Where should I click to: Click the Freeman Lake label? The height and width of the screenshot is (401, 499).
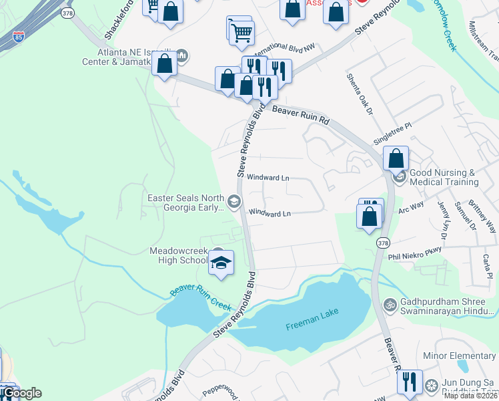309,326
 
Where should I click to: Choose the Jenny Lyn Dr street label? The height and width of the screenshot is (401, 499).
441,220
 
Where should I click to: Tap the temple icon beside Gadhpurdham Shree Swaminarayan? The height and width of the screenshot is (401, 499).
390,304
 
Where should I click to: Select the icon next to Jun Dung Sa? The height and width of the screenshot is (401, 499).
432,386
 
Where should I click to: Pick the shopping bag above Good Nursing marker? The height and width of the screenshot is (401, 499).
396,158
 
